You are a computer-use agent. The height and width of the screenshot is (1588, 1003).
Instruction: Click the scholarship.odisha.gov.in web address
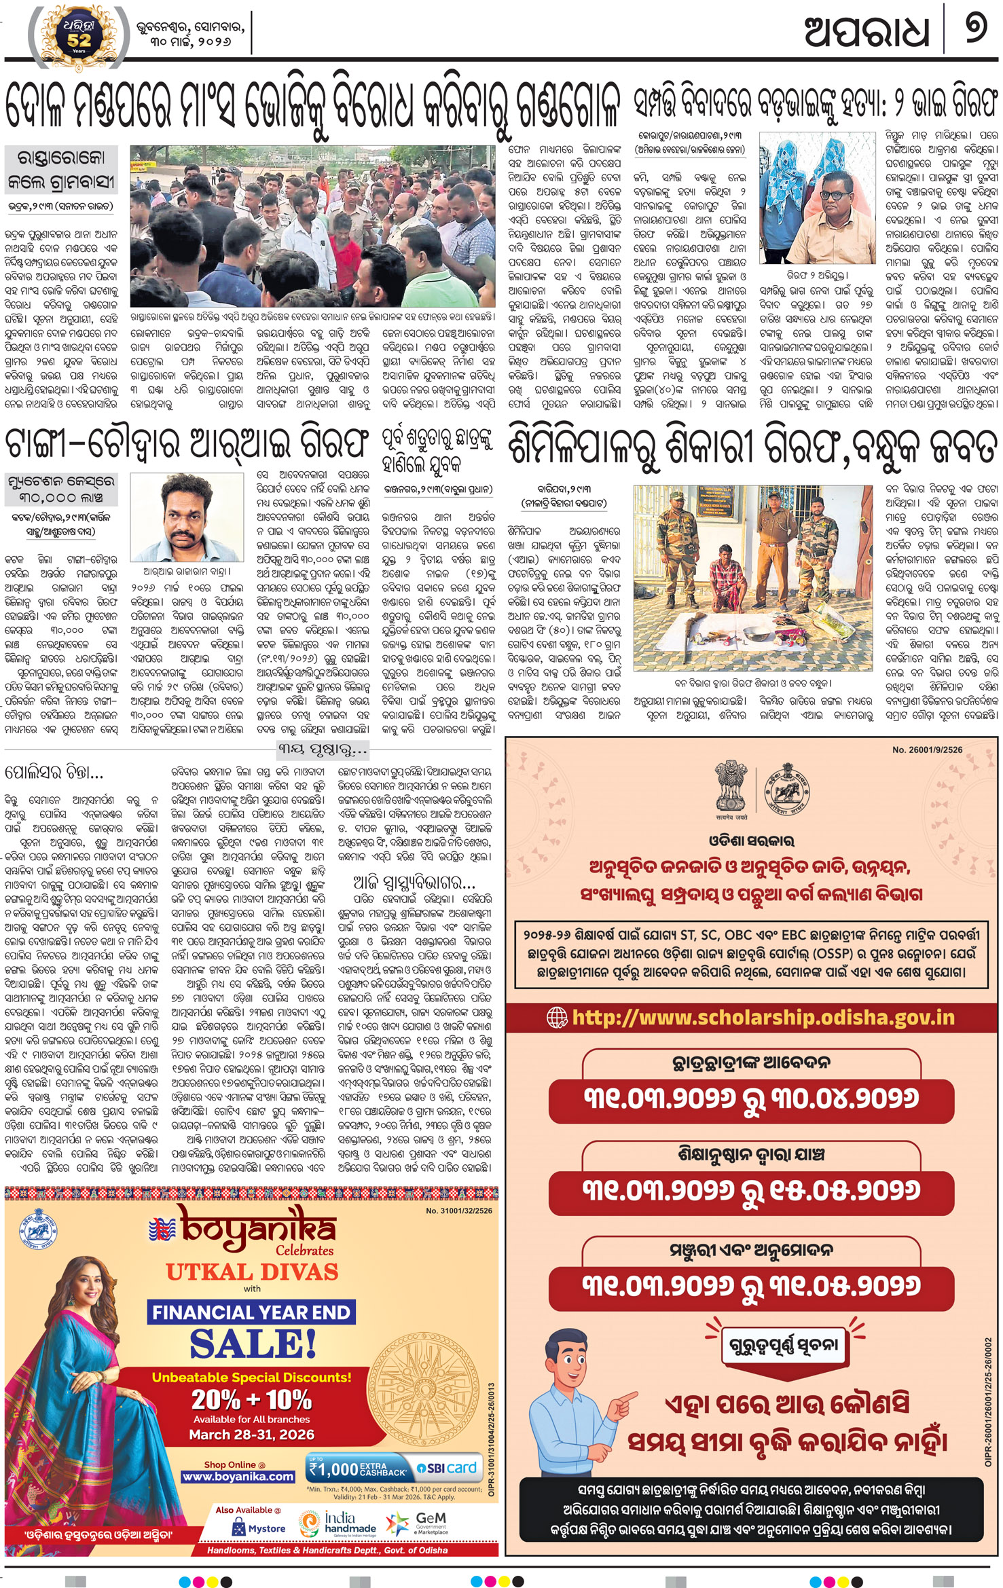point(763,1017)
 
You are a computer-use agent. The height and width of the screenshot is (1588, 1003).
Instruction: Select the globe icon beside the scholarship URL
point(557,1017)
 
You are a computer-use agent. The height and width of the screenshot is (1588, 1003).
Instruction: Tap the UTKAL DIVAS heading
point(252,1272)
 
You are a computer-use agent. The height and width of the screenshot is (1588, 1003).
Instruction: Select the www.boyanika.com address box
point(238,1477)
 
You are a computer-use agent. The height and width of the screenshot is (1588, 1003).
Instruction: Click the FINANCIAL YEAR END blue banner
point(251,1312)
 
